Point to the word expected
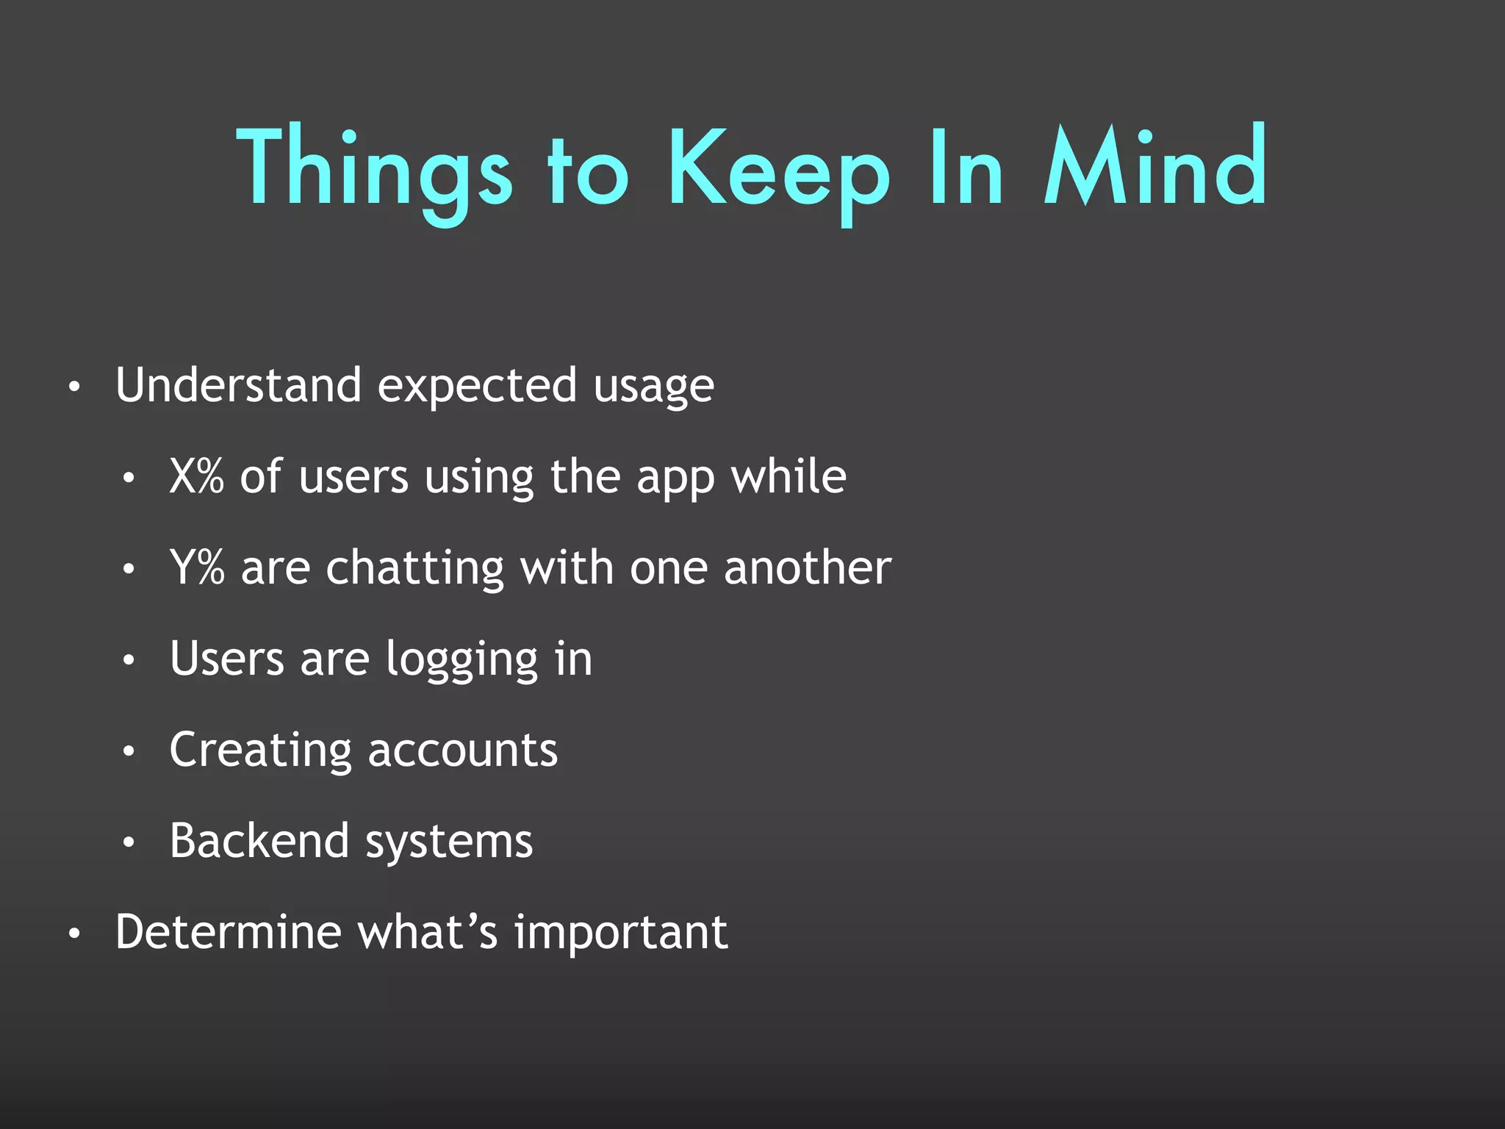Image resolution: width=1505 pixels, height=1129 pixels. click(477, 387)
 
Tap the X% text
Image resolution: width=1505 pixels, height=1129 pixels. click(196, 476)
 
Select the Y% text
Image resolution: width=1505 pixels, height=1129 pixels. click(196, 567)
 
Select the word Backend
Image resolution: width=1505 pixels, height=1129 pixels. click(259, 840)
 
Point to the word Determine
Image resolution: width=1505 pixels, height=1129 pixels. click(228, 932)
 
